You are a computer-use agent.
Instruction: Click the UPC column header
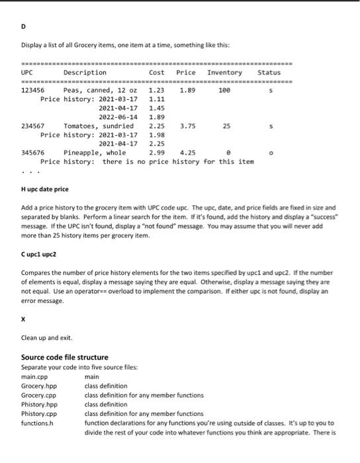click(x=27, y=72)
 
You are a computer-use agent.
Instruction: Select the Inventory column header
click(x=224, y=72)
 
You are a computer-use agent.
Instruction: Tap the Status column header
click(x=269, y=72)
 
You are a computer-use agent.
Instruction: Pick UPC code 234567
click(x=33, y=125)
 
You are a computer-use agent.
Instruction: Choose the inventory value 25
click(x=226, y=125)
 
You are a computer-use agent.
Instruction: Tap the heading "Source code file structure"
click(x=65, y=357)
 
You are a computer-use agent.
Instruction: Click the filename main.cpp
click(x=34, y=376)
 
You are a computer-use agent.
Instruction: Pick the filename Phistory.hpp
click(x=40, y=404)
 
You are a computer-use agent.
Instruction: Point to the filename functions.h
click(x=38, y=423)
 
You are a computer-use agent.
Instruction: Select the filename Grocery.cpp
click(x=39, y=395)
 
